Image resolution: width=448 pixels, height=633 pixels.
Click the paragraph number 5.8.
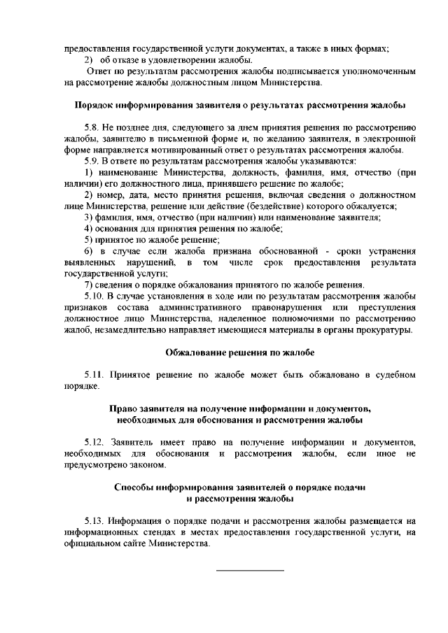(x=91, y=128)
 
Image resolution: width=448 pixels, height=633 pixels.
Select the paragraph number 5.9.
(x=91, y=161)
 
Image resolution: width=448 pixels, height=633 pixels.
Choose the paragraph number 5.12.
(x=94, y=442)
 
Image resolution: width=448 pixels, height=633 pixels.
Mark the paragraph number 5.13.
(x=94, y=521)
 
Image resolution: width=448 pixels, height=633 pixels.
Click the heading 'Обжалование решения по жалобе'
(x=240, y=352)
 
